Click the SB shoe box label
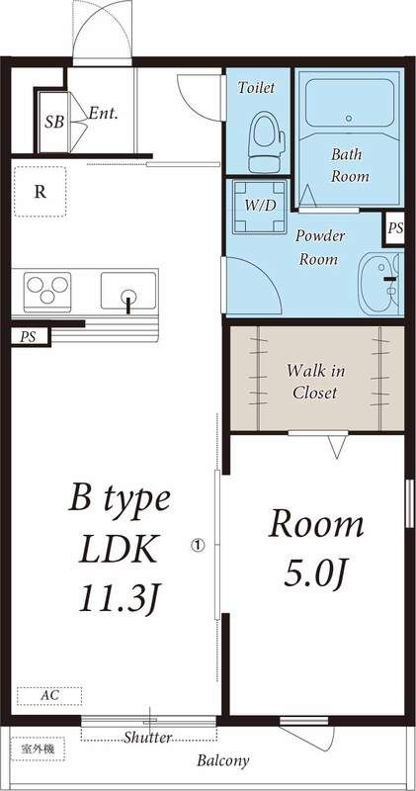coord(53,123)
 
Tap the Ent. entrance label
coord(103,113)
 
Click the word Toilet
coord(257,87)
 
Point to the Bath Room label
coord(349,165)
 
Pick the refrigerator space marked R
coord(40,192)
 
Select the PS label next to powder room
coord(395,228)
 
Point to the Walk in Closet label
coord(315,382)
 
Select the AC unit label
coord(48,695)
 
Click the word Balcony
coord(222,761)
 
